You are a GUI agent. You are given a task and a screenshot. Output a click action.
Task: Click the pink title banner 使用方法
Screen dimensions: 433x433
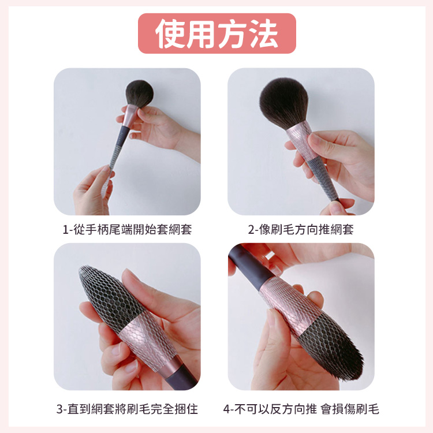pyautogui.click(x=216, y=33)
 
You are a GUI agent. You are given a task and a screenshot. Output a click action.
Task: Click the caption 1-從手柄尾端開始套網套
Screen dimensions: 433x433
pyautogui.click(x=128, y=229)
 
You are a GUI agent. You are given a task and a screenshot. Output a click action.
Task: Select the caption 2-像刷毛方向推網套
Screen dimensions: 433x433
pyautogui.click(x=301, y=229)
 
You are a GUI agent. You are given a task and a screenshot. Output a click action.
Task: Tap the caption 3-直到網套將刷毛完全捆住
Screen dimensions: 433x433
pyautogui.click(x=128, y=409)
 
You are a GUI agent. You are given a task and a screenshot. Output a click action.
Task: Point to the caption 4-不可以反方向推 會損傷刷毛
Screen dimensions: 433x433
pyautogui.click(x=301, y=409)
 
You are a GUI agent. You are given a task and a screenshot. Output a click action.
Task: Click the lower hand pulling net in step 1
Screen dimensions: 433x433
pyautogui.click(x=92, y=191)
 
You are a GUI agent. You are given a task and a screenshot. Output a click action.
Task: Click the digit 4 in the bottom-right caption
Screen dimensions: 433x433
pyautogui.click(x=226, y=409)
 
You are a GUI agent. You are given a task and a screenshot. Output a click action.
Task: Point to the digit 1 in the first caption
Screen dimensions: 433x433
pyautogui.click(x=65, y=230)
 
